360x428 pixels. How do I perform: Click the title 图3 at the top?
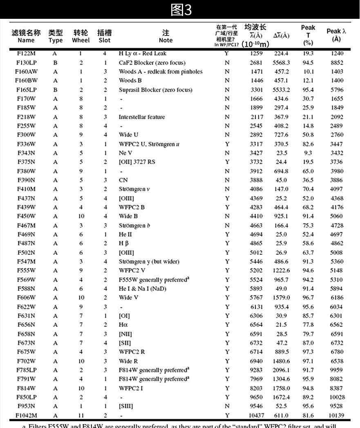click(x=180, y=10)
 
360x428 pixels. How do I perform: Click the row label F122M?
click(x=26, y=54)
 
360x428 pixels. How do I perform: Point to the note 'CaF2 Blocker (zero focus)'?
click(x=152, y=63)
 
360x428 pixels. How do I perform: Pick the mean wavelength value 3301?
click(x=257, y=90)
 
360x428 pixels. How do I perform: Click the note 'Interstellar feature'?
click(x=142, y=117)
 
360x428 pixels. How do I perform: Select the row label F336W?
click(x=26, y=144)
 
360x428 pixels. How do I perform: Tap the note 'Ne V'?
click(x=126, y=153)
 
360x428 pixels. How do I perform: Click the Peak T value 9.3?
click(x=308, y=153)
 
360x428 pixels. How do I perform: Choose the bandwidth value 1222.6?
click(x=281, y=271)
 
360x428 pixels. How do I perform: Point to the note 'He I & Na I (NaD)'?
click(x=143, y=289)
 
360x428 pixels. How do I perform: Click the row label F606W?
click(x=26, y=298)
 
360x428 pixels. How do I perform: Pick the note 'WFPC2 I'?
click(x=131, y=388)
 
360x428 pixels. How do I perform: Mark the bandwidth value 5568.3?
click(x=281, y=63)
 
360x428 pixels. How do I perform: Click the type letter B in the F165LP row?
click(x=55, y=90)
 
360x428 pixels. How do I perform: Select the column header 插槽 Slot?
click(x=105, y=36)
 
